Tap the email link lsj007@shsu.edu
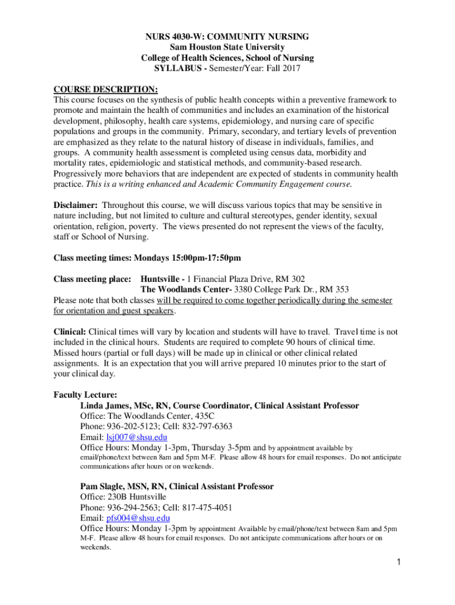coord(136,437)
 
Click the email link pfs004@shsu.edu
coord(137,518)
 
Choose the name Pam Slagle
coord(102,486)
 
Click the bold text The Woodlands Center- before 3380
coord(186,290)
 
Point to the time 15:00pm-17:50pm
coord(198,258)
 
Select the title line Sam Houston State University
coord(227,47)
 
